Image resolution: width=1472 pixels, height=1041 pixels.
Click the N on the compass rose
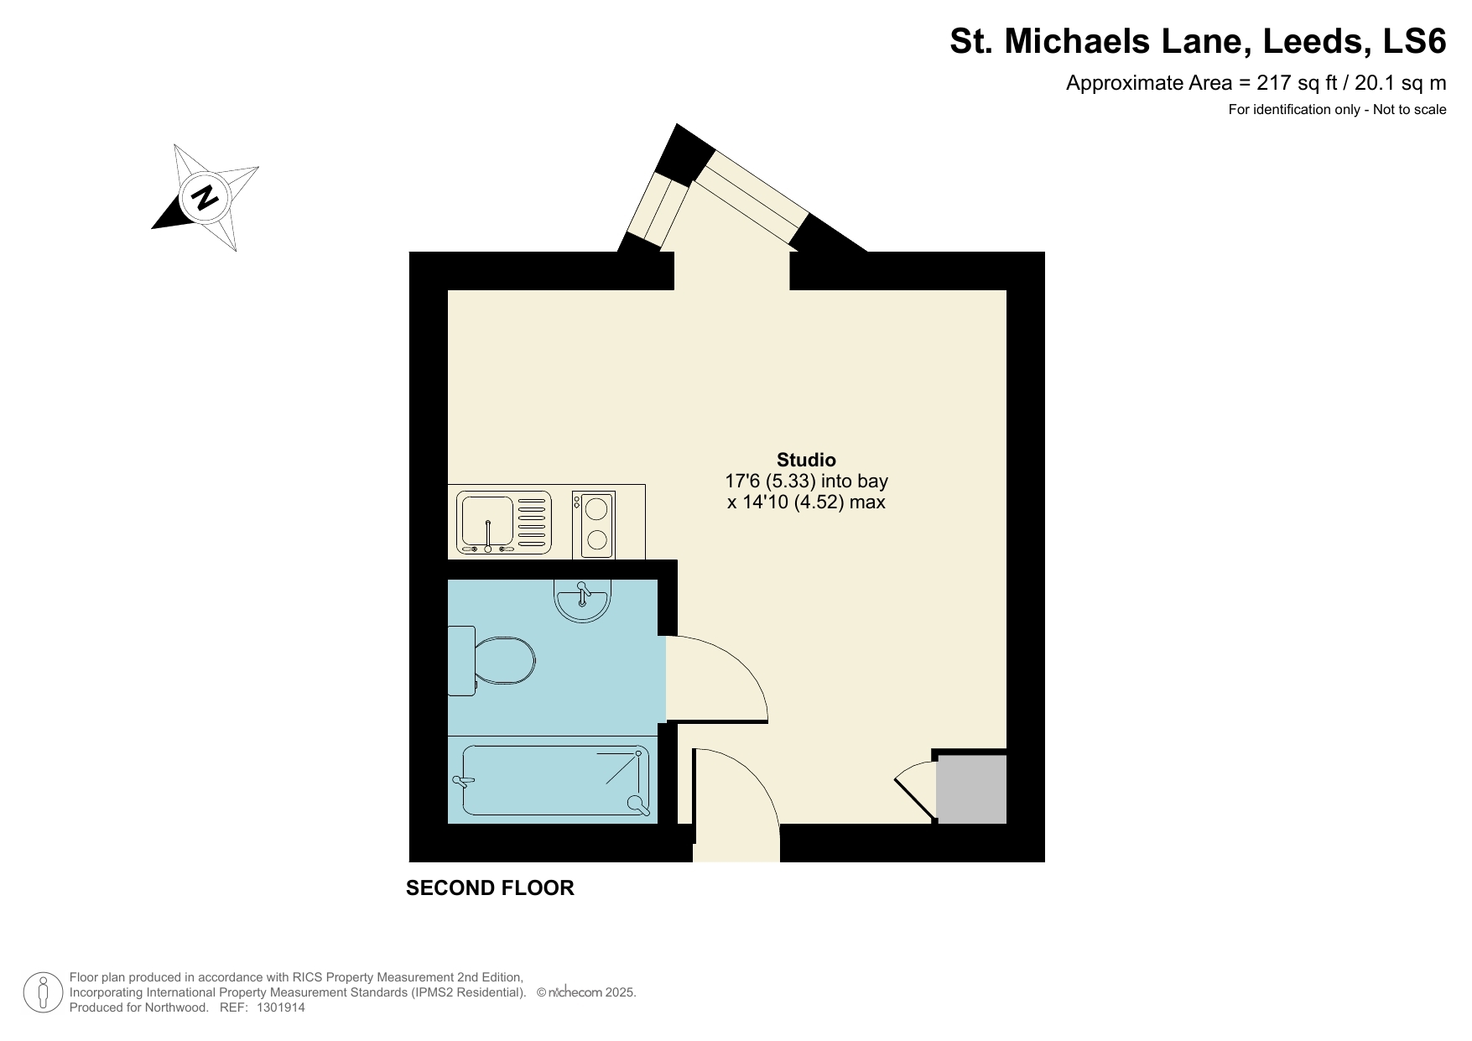point(205,198)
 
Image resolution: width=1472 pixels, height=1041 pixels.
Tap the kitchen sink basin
point(486,522)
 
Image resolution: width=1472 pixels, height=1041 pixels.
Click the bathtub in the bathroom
point(554,780)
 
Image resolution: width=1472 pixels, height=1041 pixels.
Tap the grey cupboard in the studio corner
point(971,789)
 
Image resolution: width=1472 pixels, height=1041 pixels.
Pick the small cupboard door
point(914,789)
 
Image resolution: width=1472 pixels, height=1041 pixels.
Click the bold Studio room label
point(806,460)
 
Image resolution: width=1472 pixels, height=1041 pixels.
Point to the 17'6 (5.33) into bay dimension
point(806,481)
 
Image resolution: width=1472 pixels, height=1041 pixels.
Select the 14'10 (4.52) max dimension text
point(806,502)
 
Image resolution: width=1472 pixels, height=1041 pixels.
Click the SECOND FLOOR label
point(490,887)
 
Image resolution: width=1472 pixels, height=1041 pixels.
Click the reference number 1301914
point(278,1007)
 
